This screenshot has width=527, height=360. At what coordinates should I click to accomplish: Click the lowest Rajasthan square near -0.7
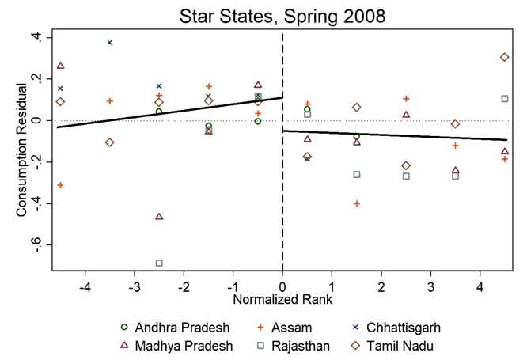tap(159, 263)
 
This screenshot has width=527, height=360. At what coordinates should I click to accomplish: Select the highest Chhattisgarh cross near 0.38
tap(110, 42)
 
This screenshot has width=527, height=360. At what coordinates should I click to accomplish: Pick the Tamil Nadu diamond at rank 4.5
tap(504, 57)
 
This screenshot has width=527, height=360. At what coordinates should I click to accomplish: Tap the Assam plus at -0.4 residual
tap(357, 203)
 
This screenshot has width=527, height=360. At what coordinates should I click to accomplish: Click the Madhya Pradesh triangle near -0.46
tap(159, 216)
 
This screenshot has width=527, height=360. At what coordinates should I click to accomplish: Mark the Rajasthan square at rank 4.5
tap(504, 99)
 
